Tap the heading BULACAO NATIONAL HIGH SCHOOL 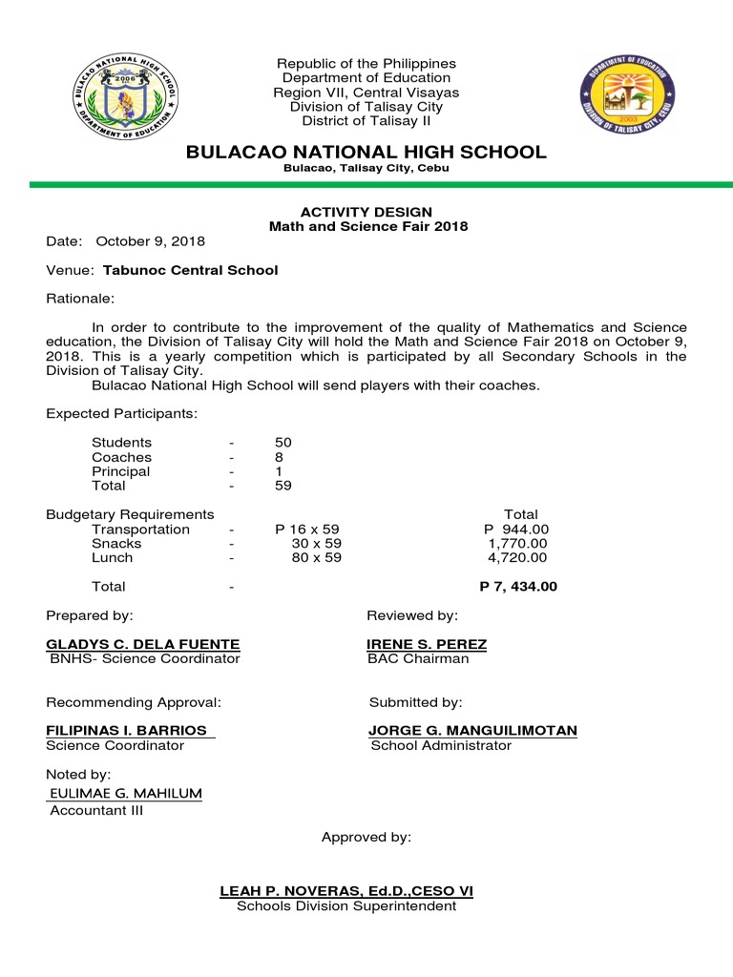[366, 153]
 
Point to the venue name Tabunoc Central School [191, 270]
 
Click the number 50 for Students [283, 443]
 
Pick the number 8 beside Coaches [279, 457]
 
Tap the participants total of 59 [283, 486]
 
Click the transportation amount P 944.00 [516, 530]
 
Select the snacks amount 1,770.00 [517, 544]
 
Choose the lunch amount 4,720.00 [517, 558]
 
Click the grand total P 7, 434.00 [517, 587]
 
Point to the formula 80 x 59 [316, 558]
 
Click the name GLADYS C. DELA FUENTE [143, 645]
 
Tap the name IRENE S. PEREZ [427, 645]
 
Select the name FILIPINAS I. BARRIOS [127, 731]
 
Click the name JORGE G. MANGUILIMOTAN [472, 731]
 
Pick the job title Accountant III [96, 811]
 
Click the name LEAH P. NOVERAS [304, 891]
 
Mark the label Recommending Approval [134, 702]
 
